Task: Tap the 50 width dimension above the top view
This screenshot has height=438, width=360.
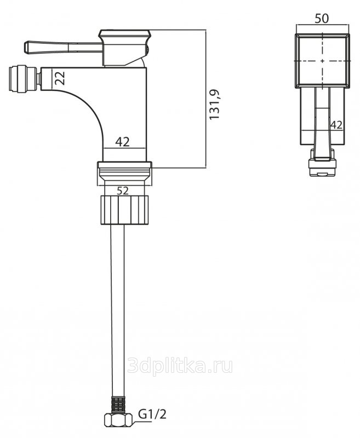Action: [322, 19]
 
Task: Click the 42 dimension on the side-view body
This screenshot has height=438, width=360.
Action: [122, 142]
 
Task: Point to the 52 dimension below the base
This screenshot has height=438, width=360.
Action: [122, 191]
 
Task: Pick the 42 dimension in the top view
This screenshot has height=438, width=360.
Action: [336, 125]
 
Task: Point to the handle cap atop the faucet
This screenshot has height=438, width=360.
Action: [124, 35]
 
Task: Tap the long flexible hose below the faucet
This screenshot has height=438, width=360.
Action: [117, 307]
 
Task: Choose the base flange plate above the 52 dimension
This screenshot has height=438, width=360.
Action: [124, 166]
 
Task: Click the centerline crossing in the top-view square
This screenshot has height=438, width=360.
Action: [322, 60]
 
